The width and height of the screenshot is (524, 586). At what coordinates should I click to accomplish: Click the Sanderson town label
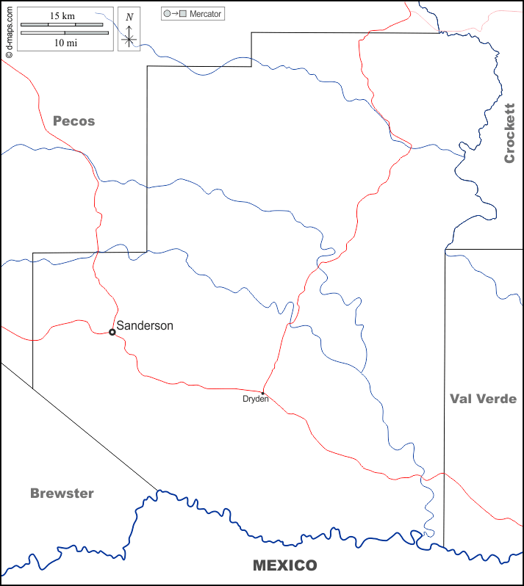click(145, 325)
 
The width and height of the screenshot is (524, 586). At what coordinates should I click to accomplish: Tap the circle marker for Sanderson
click(112, 332)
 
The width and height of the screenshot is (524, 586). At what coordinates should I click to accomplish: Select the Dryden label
click(255, 399)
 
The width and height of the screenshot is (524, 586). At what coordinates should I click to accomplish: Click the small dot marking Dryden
click(262, 392)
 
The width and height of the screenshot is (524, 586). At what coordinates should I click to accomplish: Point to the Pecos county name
click(73, 121)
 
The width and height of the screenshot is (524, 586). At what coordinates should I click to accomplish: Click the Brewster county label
click(62, 493)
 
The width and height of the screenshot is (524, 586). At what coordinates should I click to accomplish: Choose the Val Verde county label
click(483, 399)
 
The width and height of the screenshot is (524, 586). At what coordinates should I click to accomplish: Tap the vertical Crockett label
click(509, 133)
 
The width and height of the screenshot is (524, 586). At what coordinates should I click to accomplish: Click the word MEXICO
click(284, 565)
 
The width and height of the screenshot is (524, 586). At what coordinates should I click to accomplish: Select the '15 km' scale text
click(62, 15)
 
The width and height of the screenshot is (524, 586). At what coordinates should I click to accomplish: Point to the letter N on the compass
click(129, 17)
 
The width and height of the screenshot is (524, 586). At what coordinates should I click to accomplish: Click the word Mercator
click(205, 14)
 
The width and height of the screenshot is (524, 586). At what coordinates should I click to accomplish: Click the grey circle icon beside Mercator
click(167, 14)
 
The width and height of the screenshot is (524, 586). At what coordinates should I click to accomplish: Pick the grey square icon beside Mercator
click(184, 14)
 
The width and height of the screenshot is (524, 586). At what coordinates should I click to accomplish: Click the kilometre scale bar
click(62, 25)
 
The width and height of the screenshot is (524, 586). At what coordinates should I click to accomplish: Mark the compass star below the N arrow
click(129, 39)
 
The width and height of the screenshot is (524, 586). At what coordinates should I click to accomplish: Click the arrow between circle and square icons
click(175, 14)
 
